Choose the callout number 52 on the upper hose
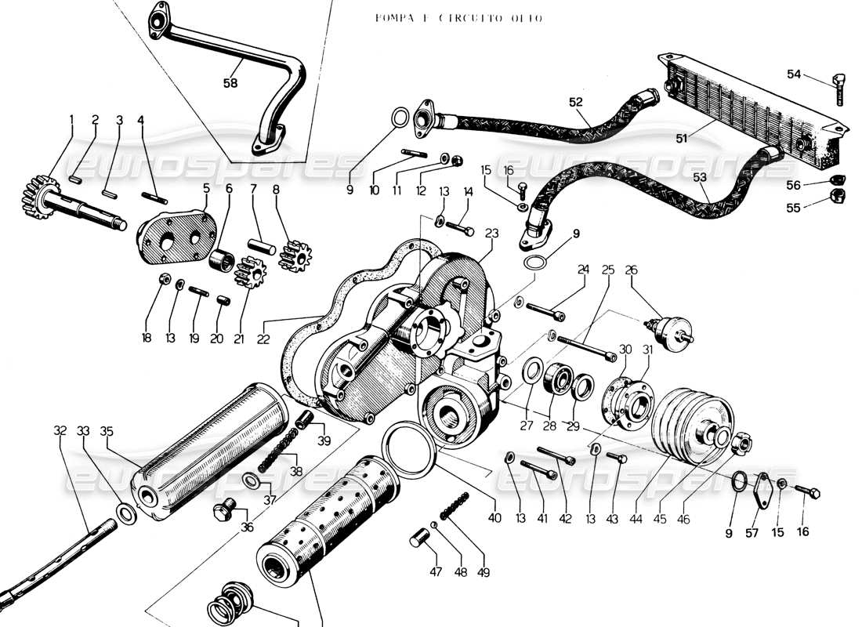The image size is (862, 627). pyautogui.click(x=576, y=103)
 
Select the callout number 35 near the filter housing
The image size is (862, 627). pyautogui.click(x=107, y=431)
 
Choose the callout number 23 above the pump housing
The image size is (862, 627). pyautogui.click(x=492, y=233)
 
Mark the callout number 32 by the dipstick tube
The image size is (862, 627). pyautogui.click(x=60, y=430)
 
